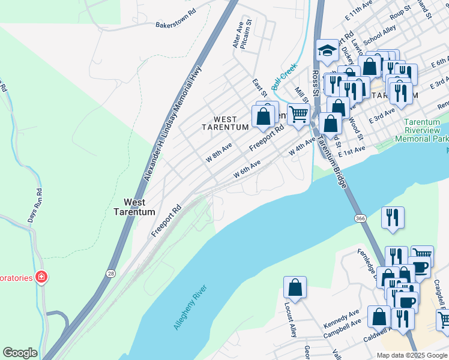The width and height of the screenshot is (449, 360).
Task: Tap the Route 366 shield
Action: click(360, 218)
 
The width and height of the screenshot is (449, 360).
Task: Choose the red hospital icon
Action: click(41, 277)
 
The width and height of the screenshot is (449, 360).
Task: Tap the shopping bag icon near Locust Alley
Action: click(295, 287)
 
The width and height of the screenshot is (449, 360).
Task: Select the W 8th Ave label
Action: click(219, 152)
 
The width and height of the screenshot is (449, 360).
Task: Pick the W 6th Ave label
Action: click(247, 169)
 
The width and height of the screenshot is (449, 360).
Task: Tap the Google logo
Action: click(20, 353)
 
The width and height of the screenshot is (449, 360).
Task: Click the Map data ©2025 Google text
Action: click(411, 355)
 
